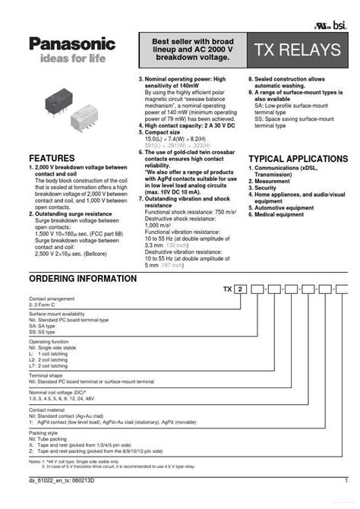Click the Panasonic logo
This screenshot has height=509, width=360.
[72, 45]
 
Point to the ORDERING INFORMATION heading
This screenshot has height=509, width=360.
[83, 279]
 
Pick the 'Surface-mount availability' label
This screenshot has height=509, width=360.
[57, 314]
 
